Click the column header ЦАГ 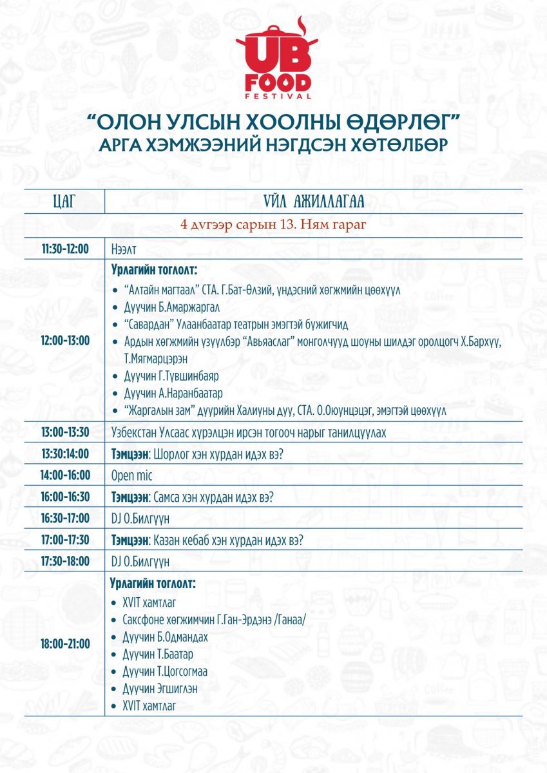click(64, 202)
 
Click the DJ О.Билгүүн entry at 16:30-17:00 click(140, 519)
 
